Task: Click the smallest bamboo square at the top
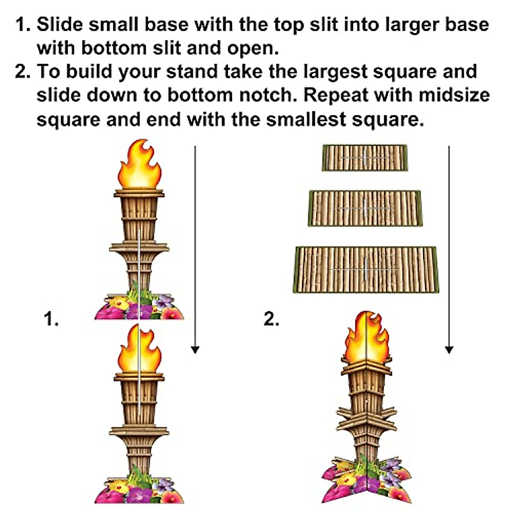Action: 365,158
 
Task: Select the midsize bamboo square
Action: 365,208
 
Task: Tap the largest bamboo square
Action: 366,270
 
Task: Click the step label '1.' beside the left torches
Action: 51,319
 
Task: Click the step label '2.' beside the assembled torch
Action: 271,319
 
